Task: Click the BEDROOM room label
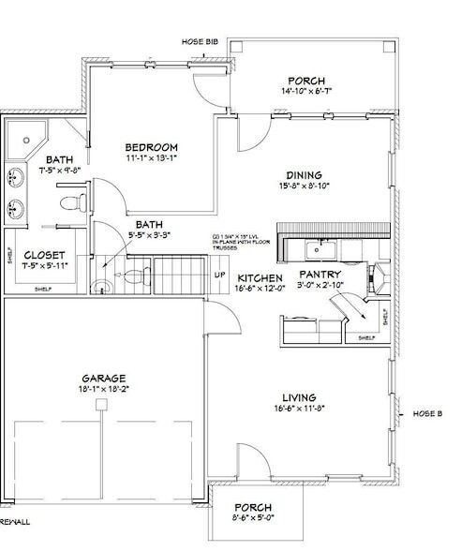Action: [x=152, y=147]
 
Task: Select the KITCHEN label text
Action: [x=260, y=279]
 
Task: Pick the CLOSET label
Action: [x=44, y=255]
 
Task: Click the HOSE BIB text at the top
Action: [x=199, y=42]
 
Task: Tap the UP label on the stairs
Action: [x=220, y=275]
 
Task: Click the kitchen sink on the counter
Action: [x=320, y=248]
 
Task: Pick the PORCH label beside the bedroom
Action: [x=306, y=80]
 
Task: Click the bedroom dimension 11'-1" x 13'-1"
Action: [x=152, y=158]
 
